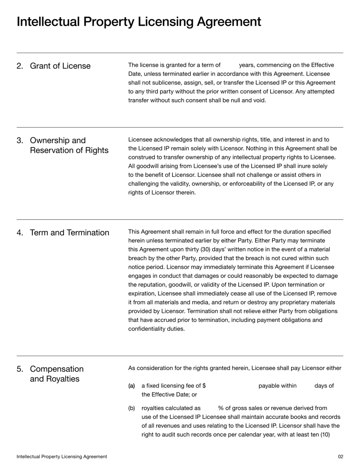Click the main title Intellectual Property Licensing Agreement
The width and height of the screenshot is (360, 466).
point(139,22)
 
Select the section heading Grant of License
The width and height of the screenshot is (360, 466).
point(60,66)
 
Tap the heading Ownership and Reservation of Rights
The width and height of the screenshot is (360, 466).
point(69,145)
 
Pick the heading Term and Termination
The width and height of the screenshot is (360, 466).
point(69,233)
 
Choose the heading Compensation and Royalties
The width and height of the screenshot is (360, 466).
point(57,374)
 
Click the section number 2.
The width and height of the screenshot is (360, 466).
point(20,66)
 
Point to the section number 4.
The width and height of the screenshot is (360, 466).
point(20,233)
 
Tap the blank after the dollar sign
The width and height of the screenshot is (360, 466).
point(232,386)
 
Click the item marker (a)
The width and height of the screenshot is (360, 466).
point(131,386)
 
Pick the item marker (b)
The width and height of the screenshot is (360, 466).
point(131,408)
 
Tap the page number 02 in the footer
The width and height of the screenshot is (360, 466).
point(340,457)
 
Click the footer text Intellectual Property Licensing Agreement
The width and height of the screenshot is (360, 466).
point(62,457)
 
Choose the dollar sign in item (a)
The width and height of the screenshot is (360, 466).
point(204,386)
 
